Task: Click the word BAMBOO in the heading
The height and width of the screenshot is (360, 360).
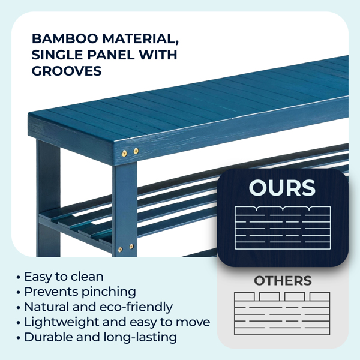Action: coord(65,38)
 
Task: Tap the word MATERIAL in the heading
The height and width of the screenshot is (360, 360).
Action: coord(140,39)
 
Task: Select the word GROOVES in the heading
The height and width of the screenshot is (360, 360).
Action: coord(67,71)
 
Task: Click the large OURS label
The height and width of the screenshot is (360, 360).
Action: coord(282,188)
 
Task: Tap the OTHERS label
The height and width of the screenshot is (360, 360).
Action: coord(283,281)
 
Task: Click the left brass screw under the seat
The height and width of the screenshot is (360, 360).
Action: coord(124,154)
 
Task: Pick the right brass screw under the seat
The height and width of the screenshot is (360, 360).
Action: coord(136,151)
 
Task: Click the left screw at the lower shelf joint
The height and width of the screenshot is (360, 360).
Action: coord(120,250)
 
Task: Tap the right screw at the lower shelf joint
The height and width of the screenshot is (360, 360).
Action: coord(131,247)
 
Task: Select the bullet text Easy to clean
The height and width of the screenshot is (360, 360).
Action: coord(64,277)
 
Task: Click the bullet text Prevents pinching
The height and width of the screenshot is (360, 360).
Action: coord(80,292)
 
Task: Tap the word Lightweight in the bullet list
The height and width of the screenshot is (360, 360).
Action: coord(62,322)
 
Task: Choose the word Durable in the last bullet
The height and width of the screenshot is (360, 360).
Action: coord(49,337)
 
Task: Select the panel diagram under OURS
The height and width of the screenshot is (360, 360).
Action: coord(283,228)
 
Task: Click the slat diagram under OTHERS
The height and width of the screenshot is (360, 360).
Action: coord(282,313)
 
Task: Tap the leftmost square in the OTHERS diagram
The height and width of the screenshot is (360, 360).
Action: coord(245,296)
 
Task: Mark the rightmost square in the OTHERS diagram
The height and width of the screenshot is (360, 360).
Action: coord(320,296)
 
